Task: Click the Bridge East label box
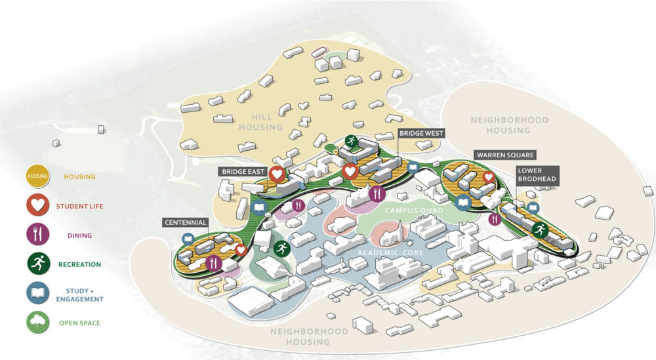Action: [243, 171]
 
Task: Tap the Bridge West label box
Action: [421, 133]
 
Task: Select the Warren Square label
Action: [505, 155]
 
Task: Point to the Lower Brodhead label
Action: [537, 175]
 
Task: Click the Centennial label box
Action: [186, 222]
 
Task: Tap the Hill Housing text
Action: [261, 122]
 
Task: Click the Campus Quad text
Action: [414, 210]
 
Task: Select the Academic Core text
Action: [390, 253]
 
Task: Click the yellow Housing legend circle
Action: [37, 176]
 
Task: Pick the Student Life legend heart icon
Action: [37, 205]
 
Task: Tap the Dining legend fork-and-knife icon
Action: [37, 235]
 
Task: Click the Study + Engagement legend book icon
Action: [37, 293]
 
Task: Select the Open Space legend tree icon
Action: [37, 323]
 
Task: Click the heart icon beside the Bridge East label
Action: [277, 174]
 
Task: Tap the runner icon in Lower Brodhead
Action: [540, 230]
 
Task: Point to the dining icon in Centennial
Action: [214, 263]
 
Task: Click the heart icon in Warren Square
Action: [489, 177]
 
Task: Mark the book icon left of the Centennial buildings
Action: [188, 239]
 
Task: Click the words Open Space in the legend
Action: [79, 323]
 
